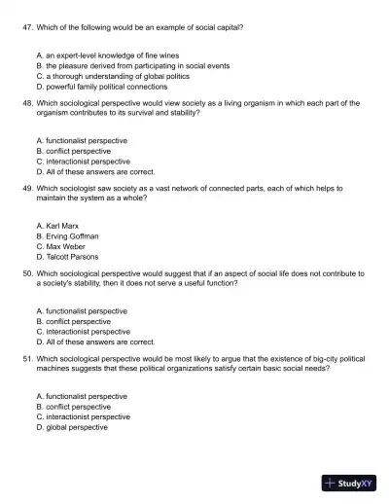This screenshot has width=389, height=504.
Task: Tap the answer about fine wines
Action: [107, 55]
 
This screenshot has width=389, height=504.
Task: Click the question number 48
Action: [26, 101]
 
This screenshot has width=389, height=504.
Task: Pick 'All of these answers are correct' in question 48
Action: [94, 170]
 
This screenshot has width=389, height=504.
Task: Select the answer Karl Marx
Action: [56, 226]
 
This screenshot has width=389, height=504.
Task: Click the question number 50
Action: [26, 273]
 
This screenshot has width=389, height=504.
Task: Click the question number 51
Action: [26, 359]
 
